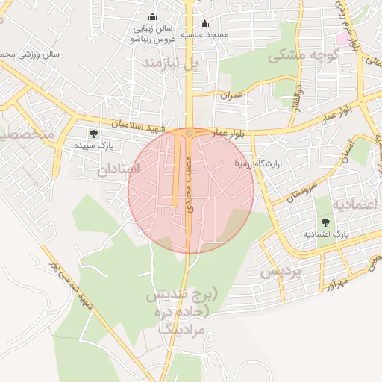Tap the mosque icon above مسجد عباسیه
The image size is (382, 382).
coord(204,23)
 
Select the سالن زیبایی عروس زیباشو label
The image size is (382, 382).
coord(153,32)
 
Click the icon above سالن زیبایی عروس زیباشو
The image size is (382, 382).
coord(153,17)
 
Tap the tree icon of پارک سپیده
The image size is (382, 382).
coord(93,134)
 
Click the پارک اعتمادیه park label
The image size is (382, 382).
coord(326,234)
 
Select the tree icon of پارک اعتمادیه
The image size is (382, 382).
coord(326,222)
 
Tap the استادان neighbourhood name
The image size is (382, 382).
coord(118,169)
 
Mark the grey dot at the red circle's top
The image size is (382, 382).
coord(190,132)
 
